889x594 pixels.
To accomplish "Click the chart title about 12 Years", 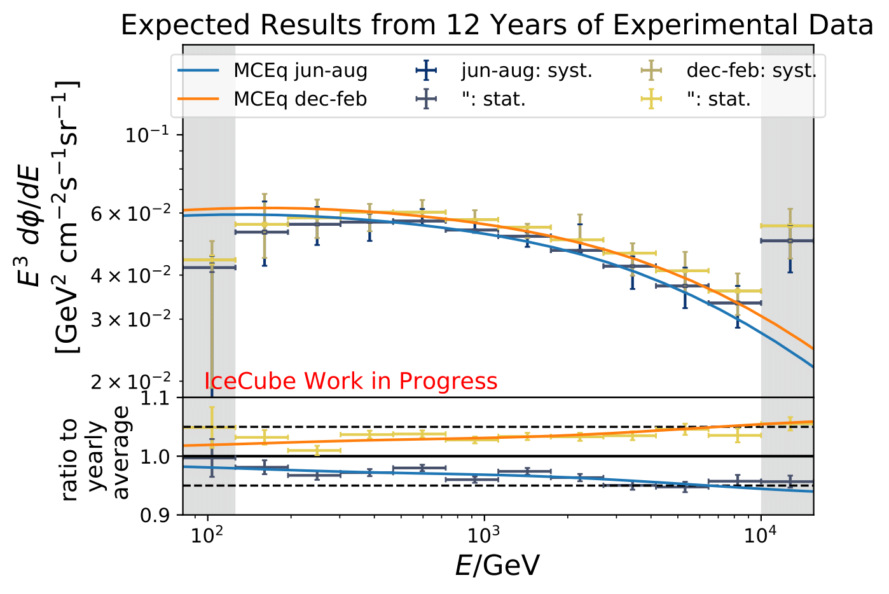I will click(x=497, y=25).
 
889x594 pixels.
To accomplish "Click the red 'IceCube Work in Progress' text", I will click(x=351, y=381).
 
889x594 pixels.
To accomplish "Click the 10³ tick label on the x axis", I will click(x=485, y=535).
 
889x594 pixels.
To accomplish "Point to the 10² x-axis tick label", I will click(x=207, y=535).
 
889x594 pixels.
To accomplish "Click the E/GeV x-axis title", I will click(x=497, y=565).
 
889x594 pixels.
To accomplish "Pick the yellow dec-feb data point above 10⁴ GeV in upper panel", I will click(x=789, y=226).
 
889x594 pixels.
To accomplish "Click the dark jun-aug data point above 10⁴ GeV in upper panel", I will click(x=789, y=240).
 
